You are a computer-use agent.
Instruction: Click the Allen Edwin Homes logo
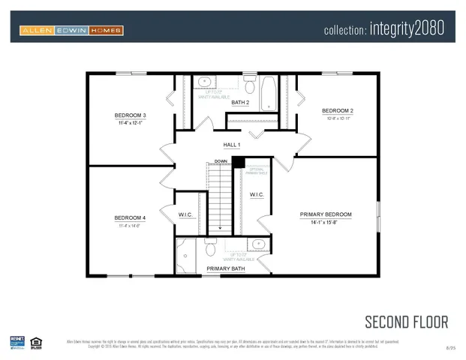71,30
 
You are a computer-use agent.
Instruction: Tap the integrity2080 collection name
385,30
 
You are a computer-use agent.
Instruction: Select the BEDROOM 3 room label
130,115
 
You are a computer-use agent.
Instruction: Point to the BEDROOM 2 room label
336,111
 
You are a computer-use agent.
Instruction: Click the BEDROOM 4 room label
130,218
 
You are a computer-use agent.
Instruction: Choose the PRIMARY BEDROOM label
326,214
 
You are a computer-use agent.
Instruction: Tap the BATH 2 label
240,102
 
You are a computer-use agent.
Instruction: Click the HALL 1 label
232,144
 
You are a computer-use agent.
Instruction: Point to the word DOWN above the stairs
221,161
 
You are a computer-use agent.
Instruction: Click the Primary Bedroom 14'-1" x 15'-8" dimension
326,223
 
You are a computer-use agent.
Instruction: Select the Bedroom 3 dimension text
130,123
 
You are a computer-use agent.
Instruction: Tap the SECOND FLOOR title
406,322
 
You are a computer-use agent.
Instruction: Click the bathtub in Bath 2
269,94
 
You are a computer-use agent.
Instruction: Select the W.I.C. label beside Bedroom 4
186,215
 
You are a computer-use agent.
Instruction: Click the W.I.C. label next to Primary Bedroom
257,194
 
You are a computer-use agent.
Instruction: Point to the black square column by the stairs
238,162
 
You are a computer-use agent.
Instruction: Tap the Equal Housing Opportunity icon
35,343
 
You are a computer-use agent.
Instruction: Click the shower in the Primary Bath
185,256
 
